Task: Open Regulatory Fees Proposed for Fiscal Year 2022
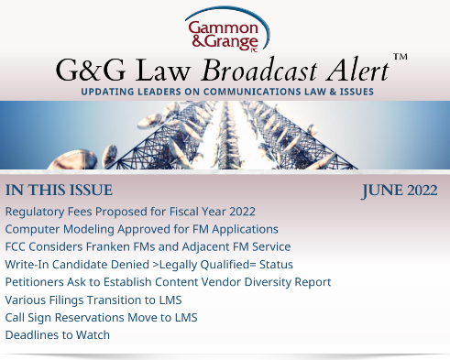pyautogui.click(x=130, y=213)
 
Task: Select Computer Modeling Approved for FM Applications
pyautogui.click(x=141, y=230)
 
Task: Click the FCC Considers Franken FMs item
pyautogui.click(x=148, y=247)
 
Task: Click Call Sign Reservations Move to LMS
pyautogui.click(x=101, y=317)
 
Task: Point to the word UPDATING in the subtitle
pyautogui.click(x=109, y=93)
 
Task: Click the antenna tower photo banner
pyautogui.click(x=225, y=136)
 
